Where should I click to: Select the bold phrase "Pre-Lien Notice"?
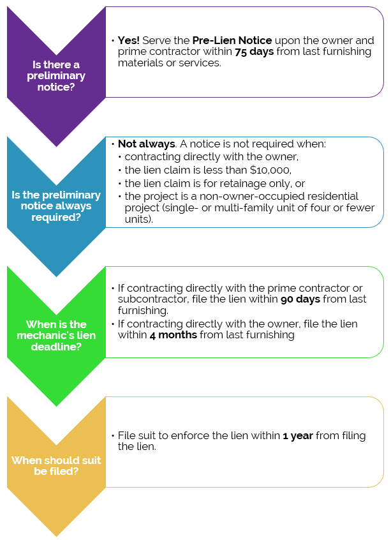232,40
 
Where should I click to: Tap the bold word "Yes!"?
128,40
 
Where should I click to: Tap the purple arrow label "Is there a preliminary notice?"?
56,75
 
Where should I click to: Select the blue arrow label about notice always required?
56,206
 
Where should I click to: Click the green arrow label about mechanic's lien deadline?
56,335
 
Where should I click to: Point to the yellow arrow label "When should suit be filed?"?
56,465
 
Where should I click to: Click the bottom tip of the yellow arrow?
56,535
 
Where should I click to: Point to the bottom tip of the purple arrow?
56,146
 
